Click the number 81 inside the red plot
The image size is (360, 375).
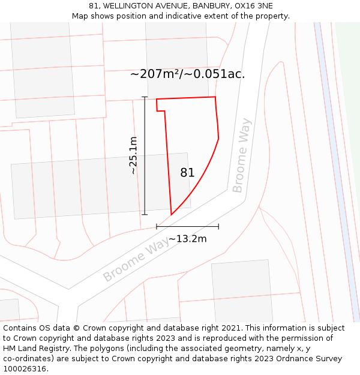pyautogui.click(x=187, y=173)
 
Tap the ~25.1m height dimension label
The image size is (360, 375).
pyautogui.click(x=133, y=155)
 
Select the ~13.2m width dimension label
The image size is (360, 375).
pyautogui.click(x=187, y=239)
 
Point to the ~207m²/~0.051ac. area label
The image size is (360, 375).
pyautogui.click(x=187, y=74)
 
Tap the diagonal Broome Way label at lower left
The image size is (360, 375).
pyautogui.click(x=136, y=259)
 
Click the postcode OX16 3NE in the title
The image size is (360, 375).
pyautogui.click(x=255, y=5)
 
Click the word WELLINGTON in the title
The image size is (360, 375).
pyautogui.click(x=130, y=5)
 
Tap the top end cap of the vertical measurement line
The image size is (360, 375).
pyautogui.click(x=145, y=97)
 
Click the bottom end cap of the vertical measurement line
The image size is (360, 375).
pyautogui.click(x=145, y=214)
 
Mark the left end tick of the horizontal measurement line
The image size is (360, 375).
pyautogui.click(x=157, y=226)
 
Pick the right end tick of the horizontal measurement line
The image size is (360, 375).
pyautogui.click(x=218, y=226)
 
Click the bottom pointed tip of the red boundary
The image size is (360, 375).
pyautogui.click(x=172, y=214)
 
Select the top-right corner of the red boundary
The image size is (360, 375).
pyautogui.click(x=215, y=97)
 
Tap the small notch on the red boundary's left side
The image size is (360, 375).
pyautogui.click(x=161, y=111)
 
